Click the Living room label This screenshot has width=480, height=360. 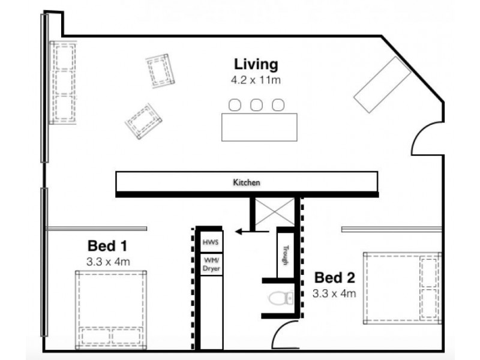pyautogui.click(x=256, y=65)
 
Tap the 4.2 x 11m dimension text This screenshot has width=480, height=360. pyautogui.click(x=256, y=80)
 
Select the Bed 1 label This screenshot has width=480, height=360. pyautogui.click(x=107, y=246)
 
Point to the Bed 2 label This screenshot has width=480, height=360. pyautogui.click(x=335, y=278)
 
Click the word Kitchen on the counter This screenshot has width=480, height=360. pyautogui.click(x=247, y=182)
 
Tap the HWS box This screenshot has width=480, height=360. pyautogui.click(x=211, y=242)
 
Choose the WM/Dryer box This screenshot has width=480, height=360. pyautogui.click(x=211, y=264)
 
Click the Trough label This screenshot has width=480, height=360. pyautogui.click(x=286, y=255)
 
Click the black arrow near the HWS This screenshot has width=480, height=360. pyautogui.click(x=251, y=232)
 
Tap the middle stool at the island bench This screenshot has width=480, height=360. pyautogui.click(x=256, y=104)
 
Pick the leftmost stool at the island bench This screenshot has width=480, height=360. pyautogui.click(x=235, y=104)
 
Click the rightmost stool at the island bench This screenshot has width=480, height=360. pyautogui.click(x=278, y=104)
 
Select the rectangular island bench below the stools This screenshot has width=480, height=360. pyautogui.click(x=259, y=127)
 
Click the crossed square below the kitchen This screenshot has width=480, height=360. pyautogui.click(x=275, y=212)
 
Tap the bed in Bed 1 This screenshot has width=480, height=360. pyautogui.click(x=111, y=310)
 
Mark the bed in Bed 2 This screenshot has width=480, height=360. pyautogui.click(x=403, y=288)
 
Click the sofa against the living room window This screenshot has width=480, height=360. pyautogui.click(x=63, y=83)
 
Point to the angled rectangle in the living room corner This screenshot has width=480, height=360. pyautogui.click(x=382, y=85)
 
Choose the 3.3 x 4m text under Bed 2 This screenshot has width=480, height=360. pyautogui.click(x=334, y=294)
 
